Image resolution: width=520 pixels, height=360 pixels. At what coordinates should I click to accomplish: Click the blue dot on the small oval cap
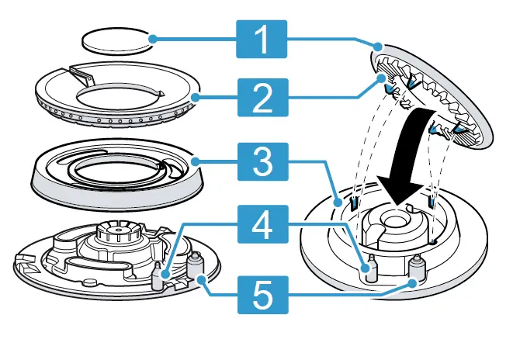[154, 37]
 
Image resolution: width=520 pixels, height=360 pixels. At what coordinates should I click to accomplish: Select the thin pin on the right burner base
[369, 266]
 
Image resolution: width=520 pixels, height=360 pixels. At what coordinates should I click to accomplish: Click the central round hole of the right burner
[400, 217]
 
